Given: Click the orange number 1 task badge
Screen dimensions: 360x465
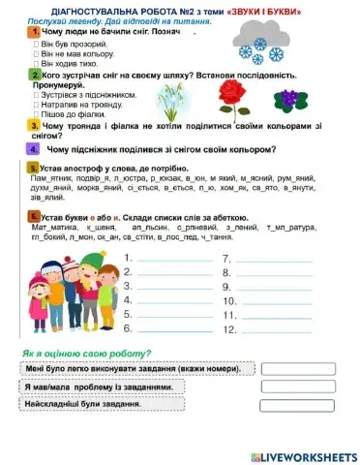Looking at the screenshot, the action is pyautogui.click(x=34, y=32).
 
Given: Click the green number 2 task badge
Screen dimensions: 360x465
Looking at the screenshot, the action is pyautogui.click(x=34, y=74).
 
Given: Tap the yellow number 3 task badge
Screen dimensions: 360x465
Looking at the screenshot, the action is pyautogui.click(x=34, y=125).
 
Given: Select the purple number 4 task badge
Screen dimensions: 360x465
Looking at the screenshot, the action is pyautogui.click(x=34, y=150).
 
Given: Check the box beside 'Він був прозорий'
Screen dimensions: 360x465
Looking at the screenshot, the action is pyautogui.click(x=37, y=44).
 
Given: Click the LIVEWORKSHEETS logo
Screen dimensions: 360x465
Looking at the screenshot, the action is pyautogui.click(x=303, y=455).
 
